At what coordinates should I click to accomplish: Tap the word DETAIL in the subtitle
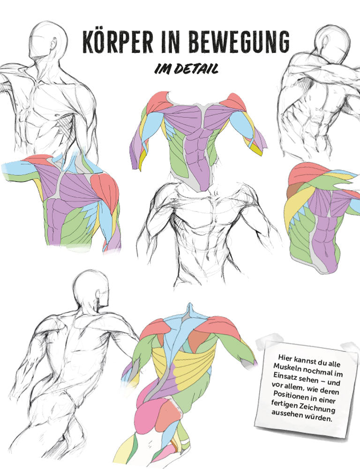pos(196,69)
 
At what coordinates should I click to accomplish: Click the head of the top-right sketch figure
pos(332,41)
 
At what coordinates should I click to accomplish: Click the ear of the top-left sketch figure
pos(53,44)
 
